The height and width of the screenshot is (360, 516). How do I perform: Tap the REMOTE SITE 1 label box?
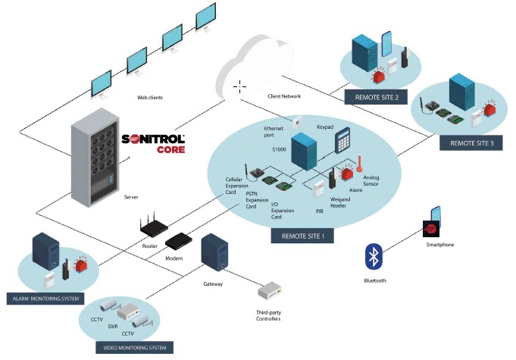[x=302, y=235]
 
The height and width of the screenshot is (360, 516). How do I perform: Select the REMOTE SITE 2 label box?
[x=376, y=97]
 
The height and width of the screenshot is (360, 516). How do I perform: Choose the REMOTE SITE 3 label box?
[x=471, y=142]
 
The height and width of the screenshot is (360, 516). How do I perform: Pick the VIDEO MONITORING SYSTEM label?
[x=134, y=348]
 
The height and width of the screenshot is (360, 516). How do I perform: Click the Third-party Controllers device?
[x=270, y=293]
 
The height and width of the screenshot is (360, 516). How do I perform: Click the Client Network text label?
[x=284, y=97]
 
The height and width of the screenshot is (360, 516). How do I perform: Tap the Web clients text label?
[x=150, y=98]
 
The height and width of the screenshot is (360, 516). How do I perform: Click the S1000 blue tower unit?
[x=304, y=152]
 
